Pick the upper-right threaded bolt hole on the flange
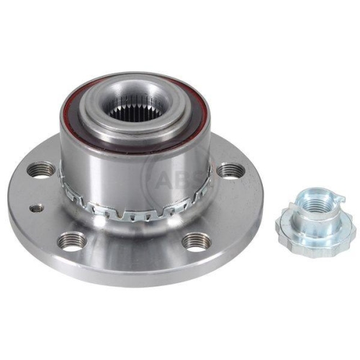(x=230, y=171)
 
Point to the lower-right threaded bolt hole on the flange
(x=197, y=241)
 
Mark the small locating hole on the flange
(x=36, y=207)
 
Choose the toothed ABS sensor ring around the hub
(x=135, y=210)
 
